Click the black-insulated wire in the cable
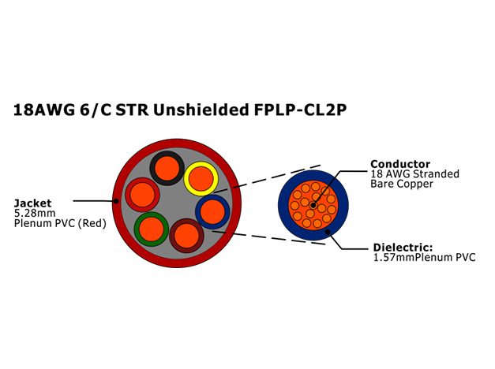coord(167,168)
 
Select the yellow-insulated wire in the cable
coord(201,178)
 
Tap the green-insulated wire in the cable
coord(152,229)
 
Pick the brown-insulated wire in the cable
coord(186,236)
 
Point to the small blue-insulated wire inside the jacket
coord(212,211)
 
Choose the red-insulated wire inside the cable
coord(142,195)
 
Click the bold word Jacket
coord(32,203)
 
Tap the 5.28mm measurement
coord(35,213)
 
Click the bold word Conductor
coord(400,164)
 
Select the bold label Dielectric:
coord(403,248)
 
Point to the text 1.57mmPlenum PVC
coord(424,257)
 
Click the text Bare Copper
coord(402,184)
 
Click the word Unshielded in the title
coord(201,110)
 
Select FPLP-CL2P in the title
coord(300,110)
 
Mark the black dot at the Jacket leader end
coord(117,201)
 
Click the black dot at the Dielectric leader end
coord(328,232)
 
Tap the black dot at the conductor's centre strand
coord(313,205)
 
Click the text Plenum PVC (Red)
coord(60,223)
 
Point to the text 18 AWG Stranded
coord(414,173)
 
